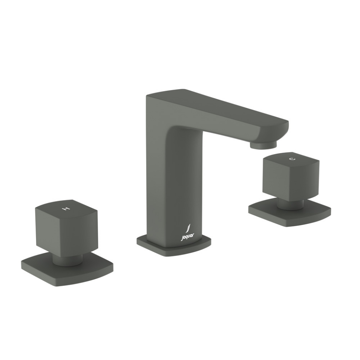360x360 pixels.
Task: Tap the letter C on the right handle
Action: [292, 159]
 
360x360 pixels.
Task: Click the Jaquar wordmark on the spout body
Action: [187, 237]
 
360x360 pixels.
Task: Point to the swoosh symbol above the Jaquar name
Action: [189, 228]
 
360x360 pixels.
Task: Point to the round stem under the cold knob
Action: [290, 203]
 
